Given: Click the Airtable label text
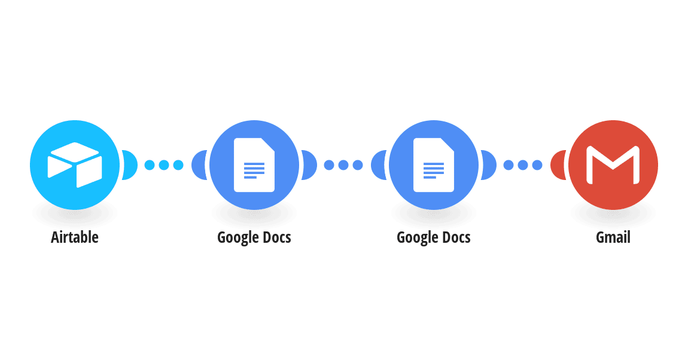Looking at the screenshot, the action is coord(75,237).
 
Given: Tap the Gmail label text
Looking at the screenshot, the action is coord(613,237).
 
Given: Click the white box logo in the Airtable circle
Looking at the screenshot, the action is coord(75,165).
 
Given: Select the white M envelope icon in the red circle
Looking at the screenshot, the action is coord(613,165).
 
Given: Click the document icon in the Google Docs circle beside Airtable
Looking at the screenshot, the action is coord(254,165).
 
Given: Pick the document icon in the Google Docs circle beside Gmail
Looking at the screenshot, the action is coord(434,165).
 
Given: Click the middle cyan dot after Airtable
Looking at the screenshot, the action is coord(164,165).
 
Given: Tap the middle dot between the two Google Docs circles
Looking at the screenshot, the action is coord(343,165).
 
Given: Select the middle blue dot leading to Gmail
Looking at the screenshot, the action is coord(523,165).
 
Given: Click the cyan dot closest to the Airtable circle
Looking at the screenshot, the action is coord(150,165).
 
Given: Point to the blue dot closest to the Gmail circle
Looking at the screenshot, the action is coord(537,165).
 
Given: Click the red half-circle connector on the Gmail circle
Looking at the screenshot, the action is coord(557,165).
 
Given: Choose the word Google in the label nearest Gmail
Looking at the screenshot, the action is coord(417,238).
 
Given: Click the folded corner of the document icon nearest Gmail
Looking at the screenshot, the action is coord(447,145).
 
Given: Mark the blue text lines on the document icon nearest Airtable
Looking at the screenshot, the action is coord(254,170).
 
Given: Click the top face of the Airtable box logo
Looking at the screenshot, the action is coord(75,152).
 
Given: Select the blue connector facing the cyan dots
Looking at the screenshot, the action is coord(199,165).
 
